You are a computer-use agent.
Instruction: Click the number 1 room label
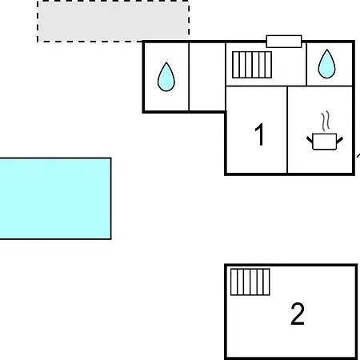[259, 134]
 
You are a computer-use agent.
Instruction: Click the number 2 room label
[298, 314]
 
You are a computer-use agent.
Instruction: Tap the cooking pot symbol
[325, 142]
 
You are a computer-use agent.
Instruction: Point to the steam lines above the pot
[326, 121]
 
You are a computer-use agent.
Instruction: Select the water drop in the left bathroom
[166, 77]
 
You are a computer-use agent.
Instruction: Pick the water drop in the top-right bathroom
[326, 64]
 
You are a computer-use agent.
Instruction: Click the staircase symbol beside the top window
[252, 65]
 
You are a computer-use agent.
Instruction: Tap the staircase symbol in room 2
[250, 282]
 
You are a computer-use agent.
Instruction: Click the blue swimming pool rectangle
[55, 198]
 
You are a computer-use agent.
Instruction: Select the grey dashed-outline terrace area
[114, 22]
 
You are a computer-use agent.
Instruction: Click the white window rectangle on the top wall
[284, 42]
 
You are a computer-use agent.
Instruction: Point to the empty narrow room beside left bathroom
[207, 77]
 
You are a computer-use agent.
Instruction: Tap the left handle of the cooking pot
[310, 140]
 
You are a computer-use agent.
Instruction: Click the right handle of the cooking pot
[339, 140]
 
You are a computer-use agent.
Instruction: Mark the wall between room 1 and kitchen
[287, 130]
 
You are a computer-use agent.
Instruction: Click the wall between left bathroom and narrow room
[189, 77]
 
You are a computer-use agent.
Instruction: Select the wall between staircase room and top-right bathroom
[306, 64]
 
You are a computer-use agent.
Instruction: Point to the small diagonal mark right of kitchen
[358, 155]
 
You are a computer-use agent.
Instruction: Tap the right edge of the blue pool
[111, 198]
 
